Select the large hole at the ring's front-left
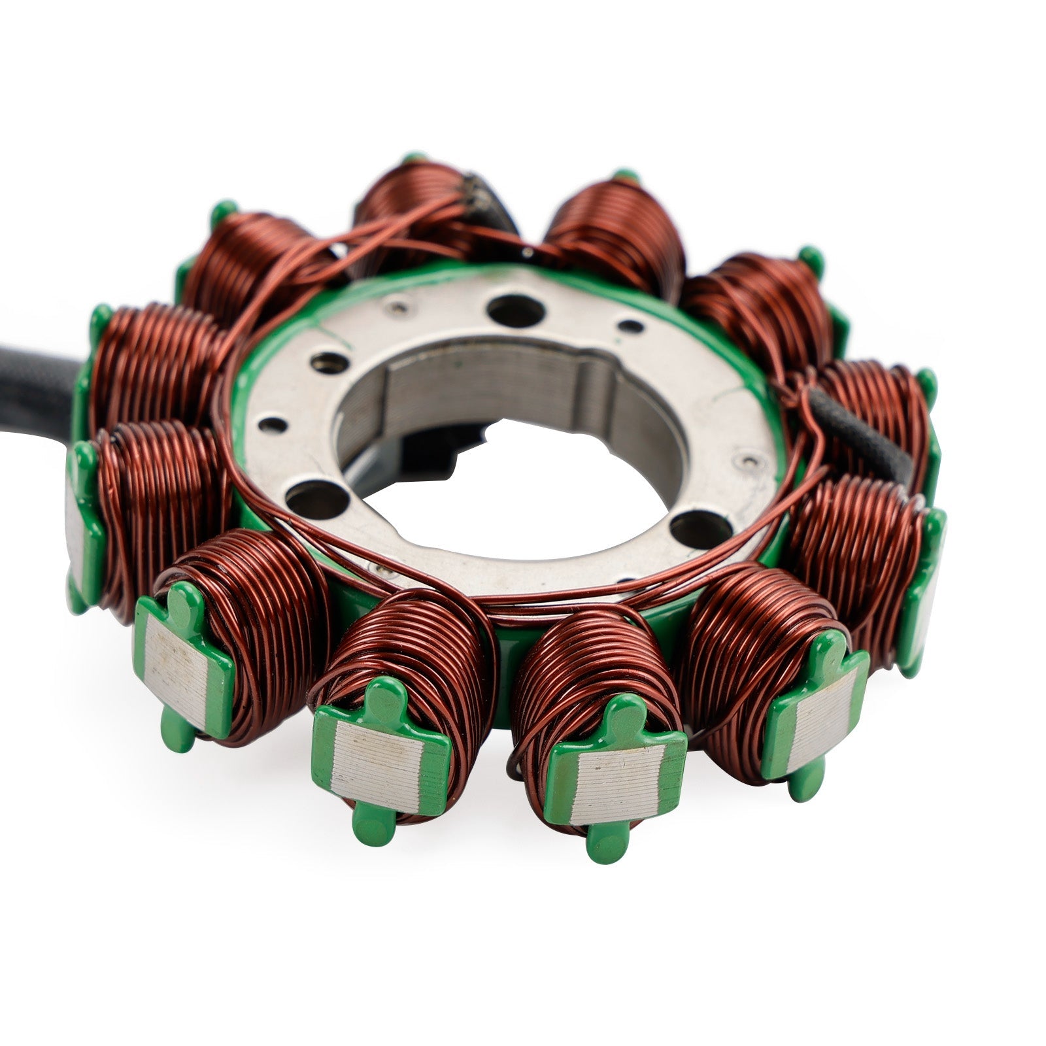tap(317, 500)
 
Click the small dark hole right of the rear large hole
tap(630, 325)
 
